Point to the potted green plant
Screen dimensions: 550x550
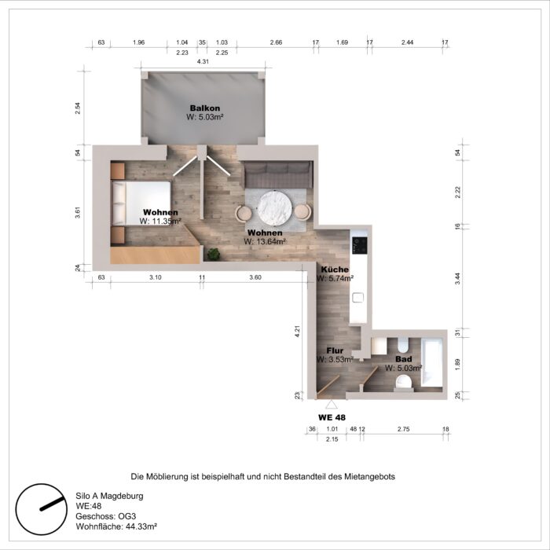pos(213,253)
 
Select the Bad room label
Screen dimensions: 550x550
pos(403,358)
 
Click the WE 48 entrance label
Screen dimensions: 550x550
pos(332,416)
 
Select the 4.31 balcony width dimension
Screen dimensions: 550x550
pos(203,61)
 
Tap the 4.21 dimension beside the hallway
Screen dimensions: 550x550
pos(298,332)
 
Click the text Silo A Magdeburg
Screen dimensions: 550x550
pos(109,497)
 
